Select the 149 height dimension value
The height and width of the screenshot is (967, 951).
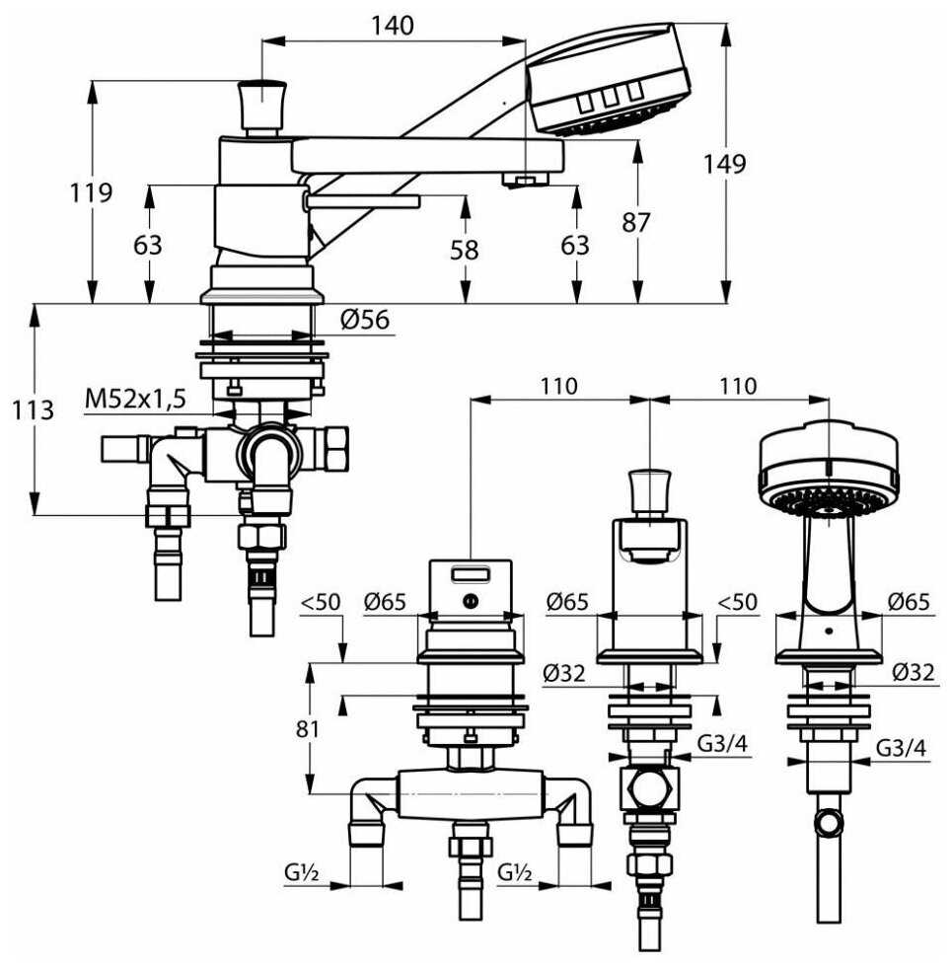pyautogui.click(x=725, y=164)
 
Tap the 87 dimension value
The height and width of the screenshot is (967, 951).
pyautogui.click(x=636, y=223)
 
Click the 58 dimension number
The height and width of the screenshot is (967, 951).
pyautogui.click(x=463, y=250)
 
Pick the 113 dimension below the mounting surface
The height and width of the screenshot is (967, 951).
pyautogui.click(x=35, y=409)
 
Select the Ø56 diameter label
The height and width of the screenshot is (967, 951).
pyautogui.click(x=365, y=320)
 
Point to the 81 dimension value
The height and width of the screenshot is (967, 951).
pyautogui.click(x=309, y=728)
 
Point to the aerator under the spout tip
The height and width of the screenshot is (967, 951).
pyautogui.click(x=524, y=180)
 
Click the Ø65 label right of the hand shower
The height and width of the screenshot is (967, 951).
pyautogui.click(x=906, y=600)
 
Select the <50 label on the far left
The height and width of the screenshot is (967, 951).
pyautogui.click(x=320, y=600)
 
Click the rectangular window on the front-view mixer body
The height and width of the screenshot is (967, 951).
pyautogui.click(x=472, y=573)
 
